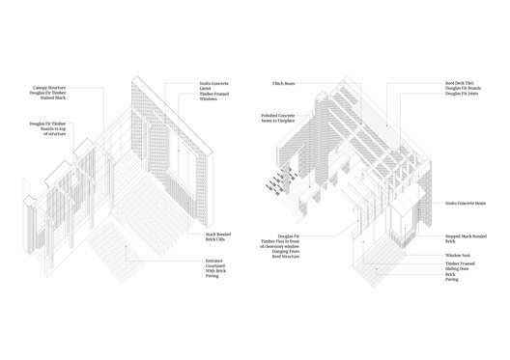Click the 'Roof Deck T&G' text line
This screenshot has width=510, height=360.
click(460, 84)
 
